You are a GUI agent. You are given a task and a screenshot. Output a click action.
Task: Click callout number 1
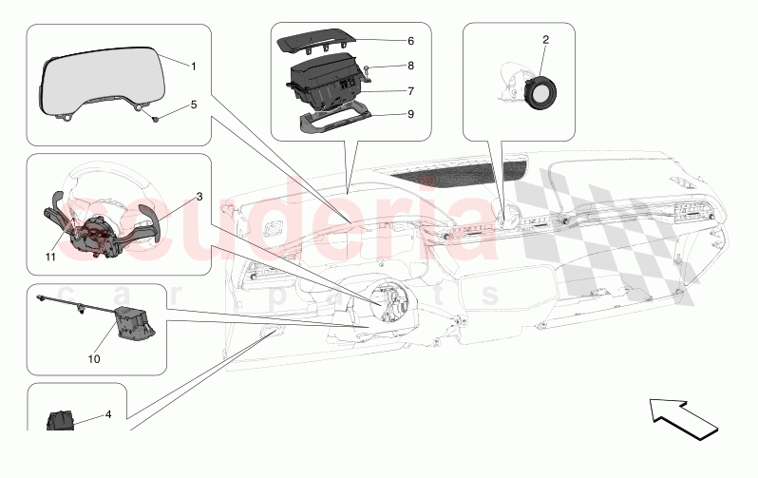pos(193,67)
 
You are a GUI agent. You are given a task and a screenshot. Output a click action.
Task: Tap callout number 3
pos(199,197)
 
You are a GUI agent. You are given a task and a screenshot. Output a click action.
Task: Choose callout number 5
pos(193,105)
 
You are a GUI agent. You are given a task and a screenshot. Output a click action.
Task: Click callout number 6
pos(384,42)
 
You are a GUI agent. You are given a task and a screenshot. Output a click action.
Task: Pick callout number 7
pos(384,91)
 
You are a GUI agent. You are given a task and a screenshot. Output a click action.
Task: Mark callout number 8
pos(384,67)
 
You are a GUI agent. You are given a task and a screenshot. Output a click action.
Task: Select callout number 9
pos(384,115)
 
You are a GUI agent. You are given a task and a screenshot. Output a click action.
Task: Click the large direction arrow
pos(684,419)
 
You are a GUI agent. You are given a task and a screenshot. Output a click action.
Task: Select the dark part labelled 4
pos(61,419)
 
